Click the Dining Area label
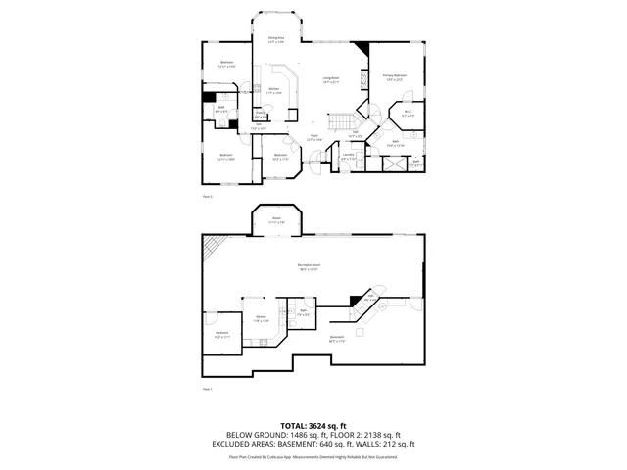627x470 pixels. click(x=276, y=39)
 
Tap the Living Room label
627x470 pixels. click(x=331, y=80)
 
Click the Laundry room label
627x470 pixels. click(x=348, y=155)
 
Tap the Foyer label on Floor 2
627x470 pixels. click(x=314, y=137)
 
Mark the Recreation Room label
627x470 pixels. click(x=312, y=266)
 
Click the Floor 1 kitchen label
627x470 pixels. click(x=262, y=318)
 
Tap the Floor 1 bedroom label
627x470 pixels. click(x=222, y=335)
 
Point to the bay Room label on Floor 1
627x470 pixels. click(x=277, y=220)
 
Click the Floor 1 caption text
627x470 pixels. click(x=207, y=389)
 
